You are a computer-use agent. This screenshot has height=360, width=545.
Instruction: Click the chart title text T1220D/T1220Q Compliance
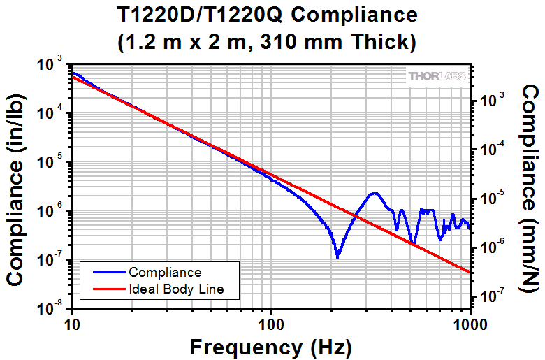click(x=271, y=15)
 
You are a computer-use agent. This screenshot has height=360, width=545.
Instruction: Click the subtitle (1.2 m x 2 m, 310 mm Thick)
click(x=271, y=42)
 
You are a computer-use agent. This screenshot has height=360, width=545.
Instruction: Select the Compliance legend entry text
click(x=165, y=273)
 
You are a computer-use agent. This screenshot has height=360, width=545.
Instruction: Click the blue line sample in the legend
click(x=105, y=273)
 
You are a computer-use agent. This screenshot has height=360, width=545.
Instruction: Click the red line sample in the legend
click(x=105, y=289)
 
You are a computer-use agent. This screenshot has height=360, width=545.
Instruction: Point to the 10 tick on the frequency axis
click(x=72, y=324)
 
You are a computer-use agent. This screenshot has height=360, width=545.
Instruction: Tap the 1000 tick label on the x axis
click(x=468, y=324)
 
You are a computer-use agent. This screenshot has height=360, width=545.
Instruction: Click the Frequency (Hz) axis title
click(x=271, y=347)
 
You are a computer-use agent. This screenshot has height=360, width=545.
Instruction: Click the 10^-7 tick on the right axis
click(x=489, y=297)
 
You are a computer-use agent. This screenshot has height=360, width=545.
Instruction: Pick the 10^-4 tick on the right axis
click(x=489, y=150)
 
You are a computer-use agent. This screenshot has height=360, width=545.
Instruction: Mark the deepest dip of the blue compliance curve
click(x=337, y=257)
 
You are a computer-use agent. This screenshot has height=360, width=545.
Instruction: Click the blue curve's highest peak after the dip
click(x=375, y=193)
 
